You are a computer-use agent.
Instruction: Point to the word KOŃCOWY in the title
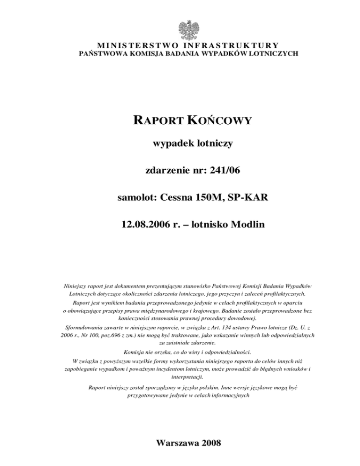[x=220, y=121]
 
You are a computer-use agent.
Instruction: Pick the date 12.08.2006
[x=141, y=225]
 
